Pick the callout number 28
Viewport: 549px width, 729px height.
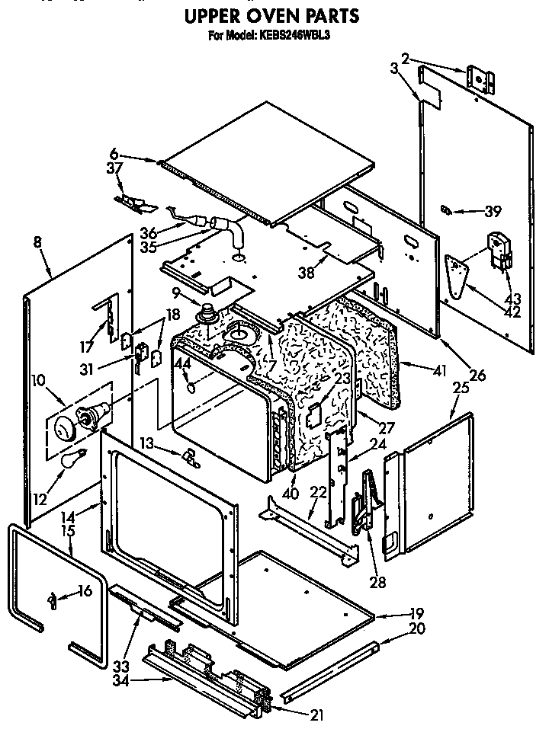[x=376, y=583]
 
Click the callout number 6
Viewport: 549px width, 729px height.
[x=114, y=153]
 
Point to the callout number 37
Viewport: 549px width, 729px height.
[x=114, y=168]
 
